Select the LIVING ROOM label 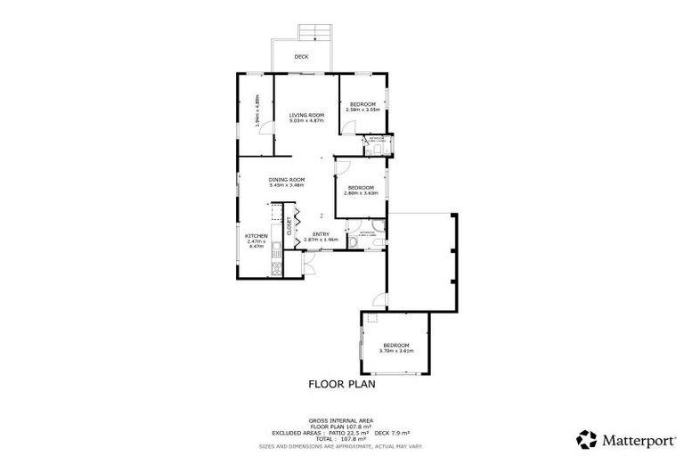pyautogui.click(x=305, y=115)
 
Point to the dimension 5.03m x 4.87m pyautogui.click(x=305, y=121)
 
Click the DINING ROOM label pyautogui.click(x=287, y=180)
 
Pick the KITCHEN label pyautogui.click(x=256, y=236)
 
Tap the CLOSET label pyautogui.click(x=289, y=226)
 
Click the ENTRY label pyautogui.click(x=321, y=233)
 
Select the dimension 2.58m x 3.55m pyautogui.click(x=363, y=110)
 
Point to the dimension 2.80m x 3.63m pyautogui.click(x=361, y=192)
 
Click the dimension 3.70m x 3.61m pyautogui.click(x=396, y=350)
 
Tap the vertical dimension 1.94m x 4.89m pyautogui.click(x=257, y=110)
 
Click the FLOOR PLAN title pyautogui.click(x=342, y=385)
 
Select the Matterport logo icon pyautogui.click(x=587, y=438)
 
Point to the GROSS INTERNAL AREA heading pyautogui.click(x=341, y=419)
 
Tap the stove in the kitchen pyautogui.click(x=277, y=262)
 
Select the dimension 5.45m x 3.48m pyautogui.click(x=287, y=185)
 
